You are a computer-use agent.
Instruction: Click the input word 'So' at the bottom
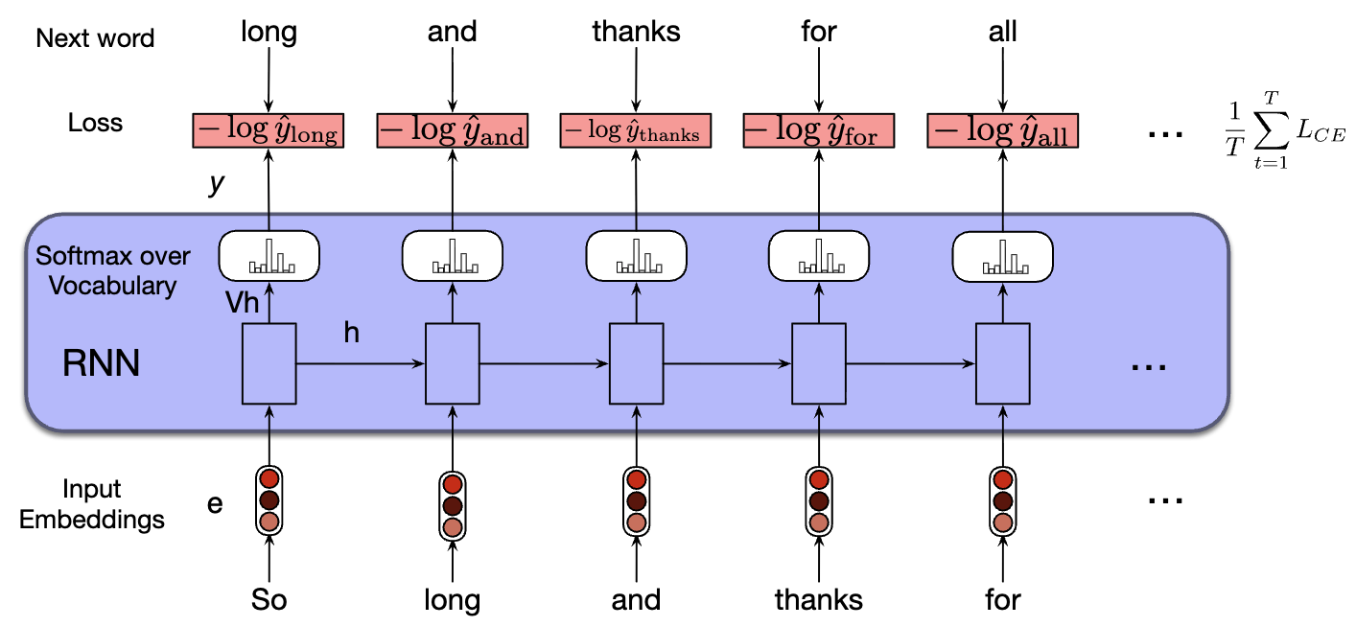[x=269, y=600]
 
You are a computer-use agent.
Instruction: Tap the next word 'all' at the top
[x=1002, y=32]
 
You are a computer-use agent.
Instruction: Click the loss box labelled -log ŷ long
[x=268, y=130]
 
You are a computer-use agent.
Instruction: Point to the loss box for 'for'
[x=818, y=131]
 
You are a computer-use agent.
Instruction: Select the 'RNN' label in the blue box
[x=101, y=363]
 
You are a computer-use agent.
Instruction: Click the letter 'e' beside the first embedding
[x=216, y=501]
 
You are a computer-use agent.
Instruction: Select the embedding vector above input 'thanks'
[x=818, y=500]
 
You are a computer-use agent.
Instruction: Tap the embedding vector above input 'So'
[x=269, y=500]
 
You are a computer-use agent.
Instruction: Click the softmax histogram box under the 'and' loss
[x=452, y=256]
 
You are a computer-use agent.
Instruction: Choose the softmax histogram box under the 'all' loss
[x=1002, y=256]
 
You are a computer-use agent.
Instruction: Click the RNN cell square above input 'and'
[x=636, y=363]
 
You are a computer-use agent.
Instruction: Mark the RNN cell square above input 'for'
[x=1002, y=363]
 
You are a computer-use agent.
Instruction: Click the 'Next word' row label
[x=95, y=38]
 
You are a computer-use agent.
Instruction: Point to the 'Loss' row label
[x=95, y=123]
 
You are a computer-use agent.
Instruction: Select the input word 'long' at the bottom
[x=452, y=600]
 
